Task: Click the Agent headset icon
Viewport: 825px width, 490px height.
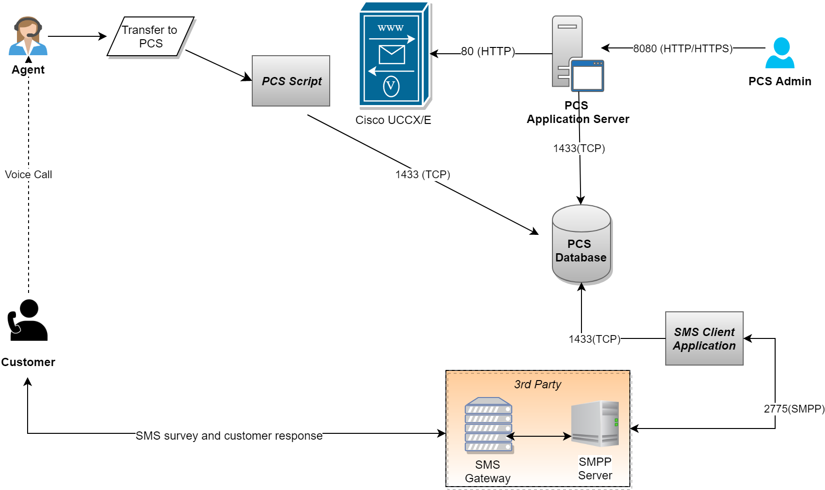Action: pyautogui.click(x=28, y=36)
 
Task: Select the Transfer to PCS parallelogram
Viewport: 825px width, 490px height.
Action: pyautogui.click(x=151, y=37)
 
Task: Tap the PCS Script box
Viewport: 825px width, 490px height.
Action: pyautogui.click(x=291, y=81)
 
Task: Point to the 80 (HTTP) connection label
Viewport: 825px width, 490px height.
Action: pyautogui.click(x=488, y=51)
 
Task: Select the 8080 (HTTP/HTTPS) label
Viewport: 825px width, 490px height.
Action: pyautogui.click(x=683, y=48)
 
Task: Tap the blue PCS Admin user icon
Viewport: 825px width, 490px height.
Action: pyautogui.click(x=779, y=53)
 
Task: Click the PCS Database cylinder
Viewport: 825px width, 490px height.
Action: pyautogui.click(x=581, y=245)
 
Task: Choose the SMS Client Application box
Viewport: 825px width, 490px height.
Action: pyautogui.click(x=704, y=338)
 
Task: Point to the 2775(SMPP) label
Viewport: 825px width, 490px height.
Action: pyautogui.click(x=794, y=409)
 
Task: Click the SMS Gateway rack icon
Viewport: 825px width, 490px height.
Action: pyautogui.click(x=489, y=425)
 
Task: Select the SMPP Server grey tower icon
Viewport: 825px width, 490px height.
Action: pyautogui.click(x=595, y=423)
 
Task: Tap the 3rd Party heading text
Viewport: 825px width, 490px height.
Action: pyautogui.click(x=537, y=384)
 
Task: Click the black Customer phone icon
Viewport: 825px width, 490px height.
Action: pyautogui.click(x=28, y=321)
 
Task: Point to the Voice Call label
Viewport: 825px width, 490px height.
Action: pyautogui.click(x=29, y=174)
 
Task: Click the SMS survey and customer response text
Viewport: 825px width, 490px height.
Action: pyautogui.click(x=229, y=436)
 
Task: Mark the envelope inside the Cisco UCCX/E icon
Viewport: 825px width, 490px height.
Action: pyautogui.click(x=392, y=55)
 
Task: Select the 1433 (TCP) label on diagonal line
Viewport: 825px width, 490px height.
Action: pyautogui.click(x=423, y=174)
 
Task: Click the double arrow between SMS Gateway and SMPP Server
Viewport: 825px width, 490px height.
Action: pyautogui.click(x=539, y=436)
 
